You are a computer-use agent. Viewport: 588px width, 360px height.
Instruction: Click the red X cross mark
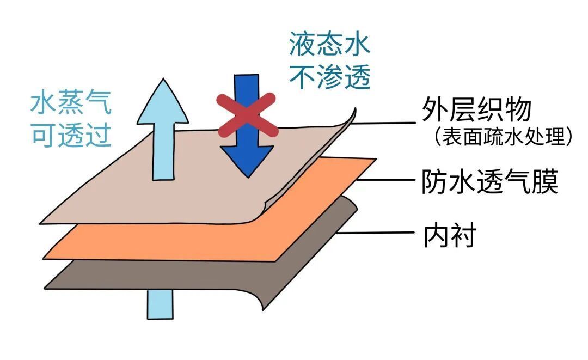(x=247, y=115)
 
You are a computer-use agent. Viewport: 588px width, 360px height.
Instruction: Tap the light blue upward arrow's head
(x=162, y=103)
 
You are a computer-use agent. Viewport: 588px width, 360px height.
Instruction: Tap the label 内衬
(x=450, y=236)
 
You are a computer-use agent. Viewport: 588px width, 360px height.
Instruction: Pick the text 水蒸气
(x=71, y=103)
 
